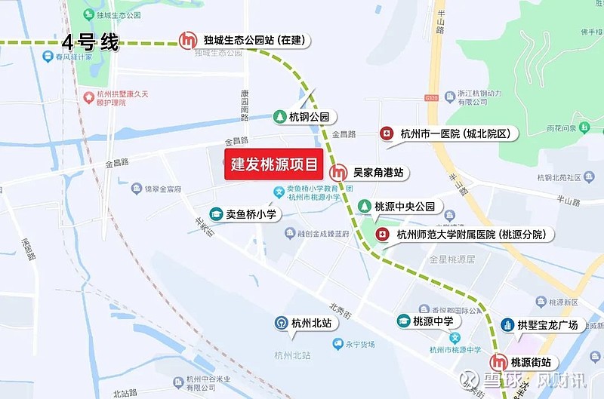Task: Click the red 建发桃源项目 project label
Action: [x=274, y=164]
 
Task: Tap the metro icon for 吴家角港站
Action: [x=341, y=173]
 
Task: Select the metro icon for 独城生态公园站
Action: [x=187, y=39]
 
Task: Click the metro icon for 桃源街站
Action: [x=498, y=362]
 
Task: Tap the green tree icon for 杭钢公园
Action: [x=279, y=117]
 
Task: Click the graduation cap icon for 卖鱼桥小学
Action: [x=216, y=214]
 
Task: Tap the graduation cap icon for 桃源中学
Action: [x=403, y=321]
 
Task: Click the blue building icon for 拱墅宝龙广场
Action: [x=507, y=325]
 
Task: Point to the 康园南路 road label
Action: [x=245, y=105]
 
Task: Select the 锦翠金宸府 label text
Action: [x=164, y=188]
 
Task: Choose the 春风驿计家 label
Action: [x=73, y=56]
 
